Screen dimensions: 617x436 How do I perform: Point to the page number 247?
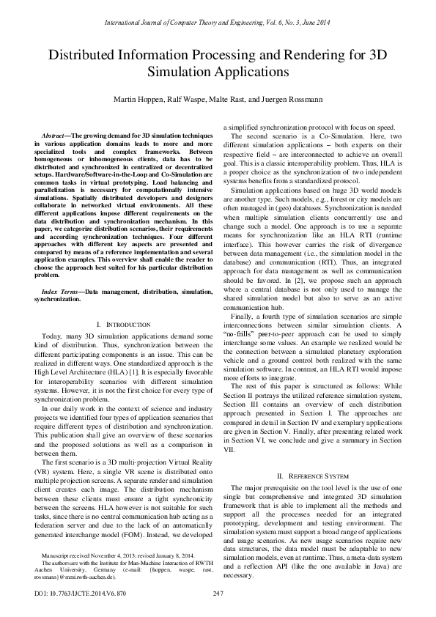pyautogui.click(x=218, y=592)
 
